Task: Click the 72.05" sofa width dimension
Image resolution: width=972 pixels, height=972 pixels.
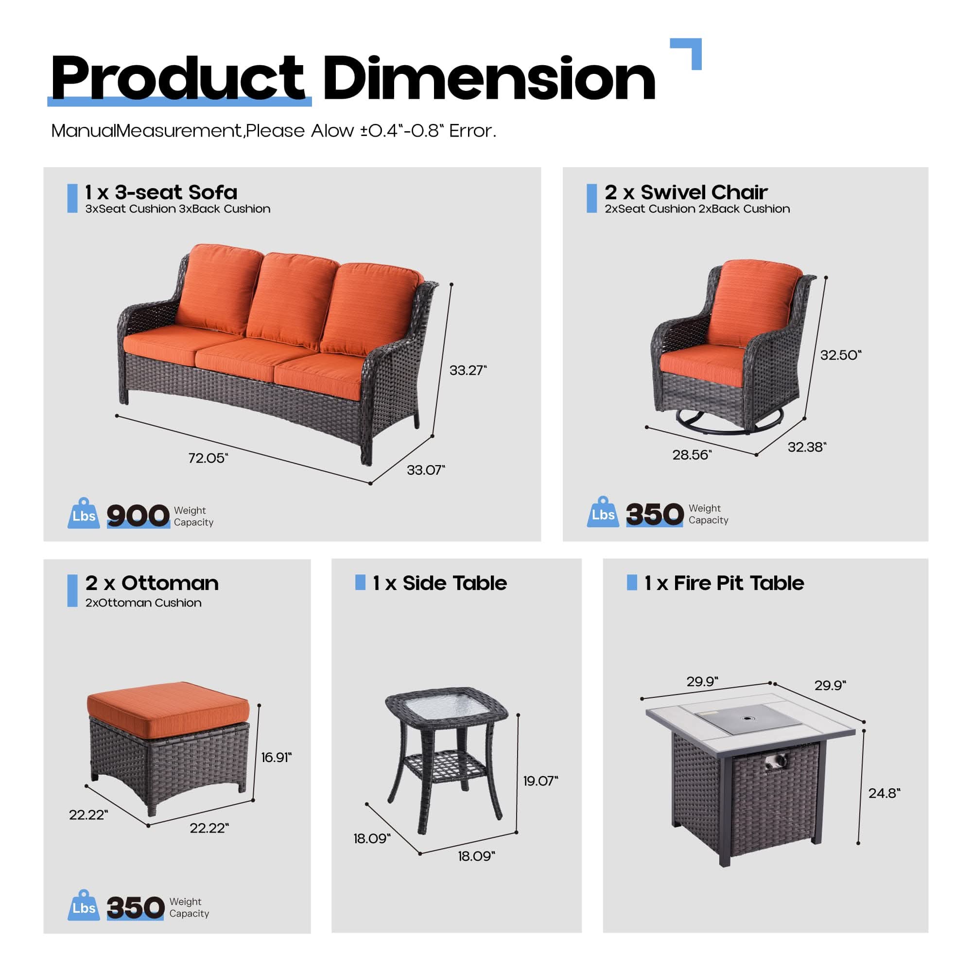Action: coord(208,458)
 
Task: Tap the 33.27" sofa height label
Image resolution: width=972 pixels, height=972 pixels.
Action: coord(468,370)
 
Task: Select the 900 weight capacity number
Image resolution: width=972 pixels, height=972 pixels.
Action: coord(138,516)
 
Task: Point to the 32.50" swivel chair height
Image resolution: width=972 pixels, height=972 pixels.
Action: coord(840,355)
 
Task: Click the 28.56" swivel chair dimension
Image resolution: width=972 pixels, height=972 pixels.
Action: coord(692,455)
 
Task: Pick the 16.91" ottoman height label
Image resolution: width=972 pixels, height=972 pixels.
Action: coord(276,757)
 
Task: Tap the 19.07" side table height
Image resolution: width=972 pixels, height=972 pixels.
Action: coord(540,781)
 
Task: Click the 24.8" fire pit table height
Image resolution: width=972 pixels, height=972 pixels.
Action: coord(884,793)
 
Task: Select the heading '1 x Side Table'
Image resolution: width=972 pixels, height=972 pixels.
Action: coord(439,583)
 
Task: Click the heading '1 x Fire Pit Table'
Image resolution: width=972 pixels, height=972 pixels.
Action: coord(724,583)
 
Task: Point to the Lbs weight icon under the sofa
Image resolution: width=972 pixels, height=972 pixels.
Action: coord(83,514)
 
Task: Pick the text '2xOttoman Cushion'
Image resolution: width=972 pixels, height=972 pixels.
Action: coord(143,603)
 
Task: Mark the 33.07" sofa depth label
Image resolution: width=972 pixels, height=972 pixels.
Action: coord(426,470)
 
